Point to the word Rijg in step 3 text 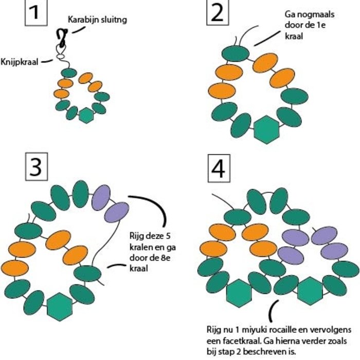coord(137,237)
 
